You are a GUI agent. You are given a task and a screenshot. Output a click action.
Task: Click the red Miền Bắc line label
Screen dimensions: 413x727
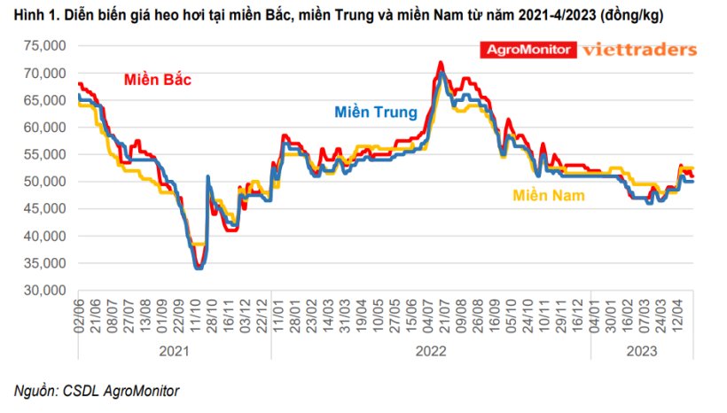[157, 81]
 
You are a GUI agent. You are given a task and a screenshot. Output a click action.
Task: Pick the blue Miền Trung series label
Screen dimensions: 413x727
[375, 113]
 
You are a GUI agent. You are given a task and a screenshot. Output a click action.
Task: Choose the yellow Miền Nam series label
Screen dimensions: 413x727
[549, 195]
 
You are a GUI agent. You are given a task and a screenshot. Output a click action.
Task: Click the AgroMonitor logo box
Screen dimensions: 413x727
[527, 50]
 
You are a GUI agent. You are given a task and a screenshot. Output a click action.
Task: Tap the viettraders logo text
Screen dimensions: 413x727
[638, 50]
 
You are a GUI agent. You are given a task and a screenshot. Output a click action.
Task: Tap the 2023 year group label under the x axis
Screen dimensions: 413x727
[640, 350]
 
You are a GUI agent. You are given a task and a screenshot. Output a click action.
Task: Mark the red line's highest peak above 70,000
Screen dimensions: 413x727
[441, 62]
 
